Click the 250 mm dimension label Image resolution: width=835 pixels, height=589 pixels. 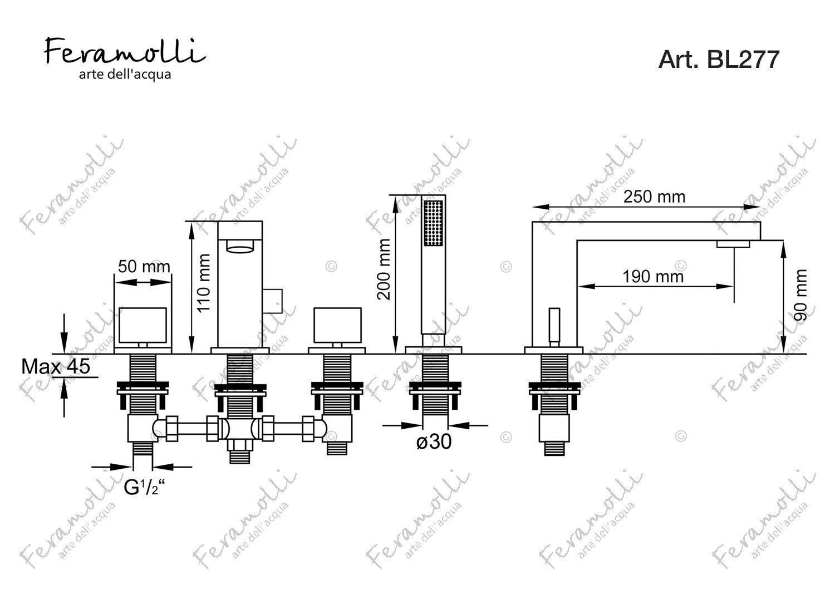click(x=654, y=197)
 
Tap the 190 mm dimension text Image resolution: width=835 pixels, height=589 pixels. click(x=653, y=277)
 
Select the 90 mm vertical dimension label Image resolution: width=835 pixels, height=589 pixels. click(x=800, y=295)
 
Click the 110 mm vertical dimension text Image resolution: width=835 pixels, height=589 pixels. click(x=204, y=283)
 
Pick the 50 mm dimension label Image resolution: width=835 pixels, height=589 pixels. click(x=144, y=267)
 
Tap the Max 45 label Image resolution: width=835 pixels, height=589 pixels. click(x=56, y=366)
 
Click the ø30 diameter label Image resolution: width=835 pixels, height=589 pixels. click(x=434, y=442)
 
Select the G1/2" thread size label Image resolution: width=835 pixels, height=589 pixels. click(x=145, y=488)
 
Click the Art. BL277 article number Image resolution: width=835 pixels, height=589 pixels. click(x=719, y=60)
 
